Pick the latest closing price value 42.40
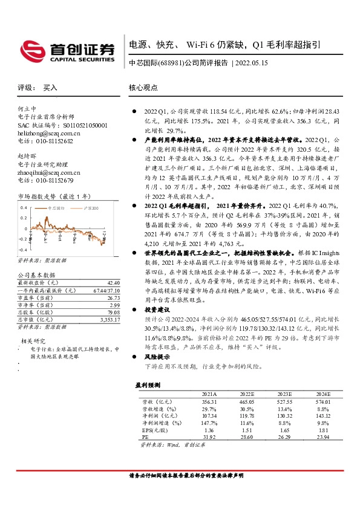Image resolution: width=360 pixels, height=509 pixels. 113,283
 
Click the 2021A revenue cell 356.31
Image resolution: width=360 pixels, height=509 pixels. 208,401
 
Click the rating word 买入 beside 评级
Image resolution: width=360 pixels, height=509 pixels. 50,87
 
